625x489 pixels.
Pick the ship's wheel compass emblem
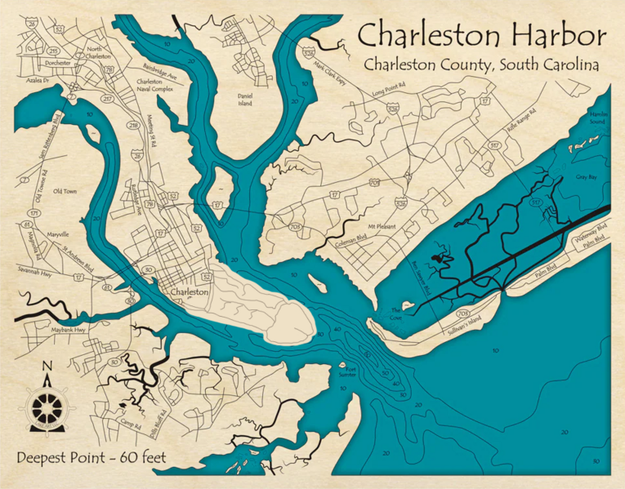pyautogui.click(x=47, y=406)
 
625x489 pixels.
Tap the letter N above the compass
pyautogui.click(x=47, y=365)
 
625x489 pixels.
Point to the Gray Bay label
pyautogui.click(x=587, y=176)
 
